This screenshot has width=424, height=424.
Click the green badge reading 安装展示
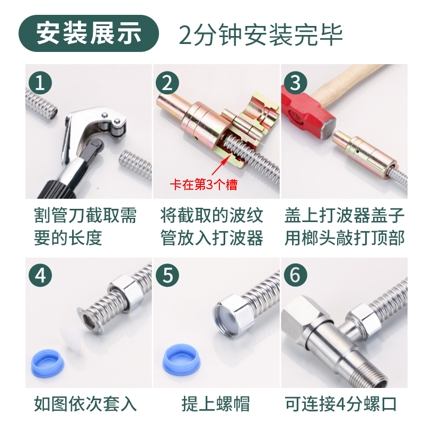point(89,33)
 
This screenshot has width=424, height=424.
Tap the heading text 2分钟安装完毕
point(261,34)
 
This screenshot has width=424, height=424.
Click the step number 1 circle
point(40,83)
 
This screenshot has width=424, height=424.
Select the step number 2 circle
point(167,83)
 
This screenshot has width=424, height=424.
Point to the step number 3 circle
point(295,83)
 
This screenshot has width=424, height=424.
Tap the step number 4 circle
point(40,275)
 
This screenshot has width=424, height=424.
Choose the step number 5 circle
point(167,275)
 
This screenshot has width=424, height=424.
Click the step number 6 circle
point(295,275)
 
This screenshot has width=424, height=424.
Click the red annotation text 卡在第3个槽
point(204,184)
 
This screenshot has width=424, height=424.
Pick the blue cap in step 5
point(181,359)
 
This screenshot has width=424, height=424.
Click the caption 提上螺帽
point(216,404)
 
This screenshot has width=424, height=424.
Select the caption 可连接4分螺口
point(341,404)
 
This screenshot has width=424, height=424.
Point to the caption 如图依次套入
point(85,404)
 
